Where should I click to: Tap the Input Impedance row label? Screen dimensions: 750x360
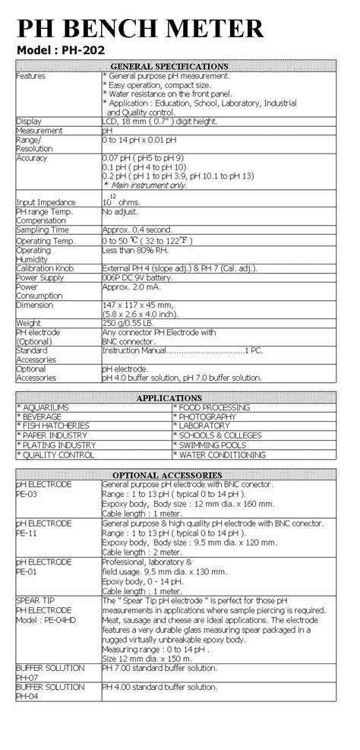pyautogui.click(x=46, y=202)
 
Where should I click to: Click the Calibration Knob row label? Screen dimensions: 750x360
pyautogui.click(x=50, y=268)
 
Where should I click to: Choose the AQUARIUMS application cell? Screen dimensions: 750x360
pyautogui.click(x=46, y=407)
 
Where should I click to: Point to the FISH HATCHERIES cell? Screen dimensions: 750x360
pyautogui.click(x=53, y=426)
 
